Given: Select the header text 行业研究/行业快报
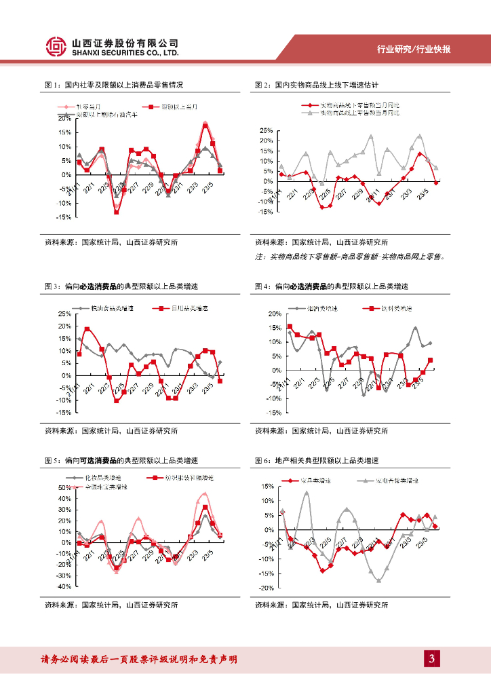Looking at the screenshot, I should pos(414,50).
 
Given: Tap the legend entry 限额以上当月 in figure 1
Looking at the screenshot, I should pos(170,107).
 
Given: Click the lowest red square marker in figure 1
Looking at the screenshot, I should pos(117,212).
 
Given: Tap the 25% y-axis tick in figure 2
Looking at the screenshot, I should pos(265,130).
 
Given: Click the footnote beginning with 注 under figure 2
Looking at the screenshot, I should pos(349,257).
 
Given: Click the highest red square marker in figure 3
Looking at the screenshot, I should pos(87,330).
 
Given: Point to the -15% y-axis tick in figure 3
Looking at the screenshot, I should pos(64,412).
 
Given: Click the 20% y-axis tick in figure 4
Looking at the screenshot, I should pos(274,314).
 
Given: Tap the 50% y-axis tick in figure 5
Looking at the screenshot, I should pos(64,487).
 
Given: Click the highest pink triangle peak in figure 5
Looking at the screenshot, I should pos(204,494).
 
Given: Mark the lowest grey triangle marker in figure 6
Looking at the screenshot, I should pos(378,580).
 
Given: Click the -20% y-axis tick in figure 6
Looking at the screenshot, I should pos(267,588).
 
